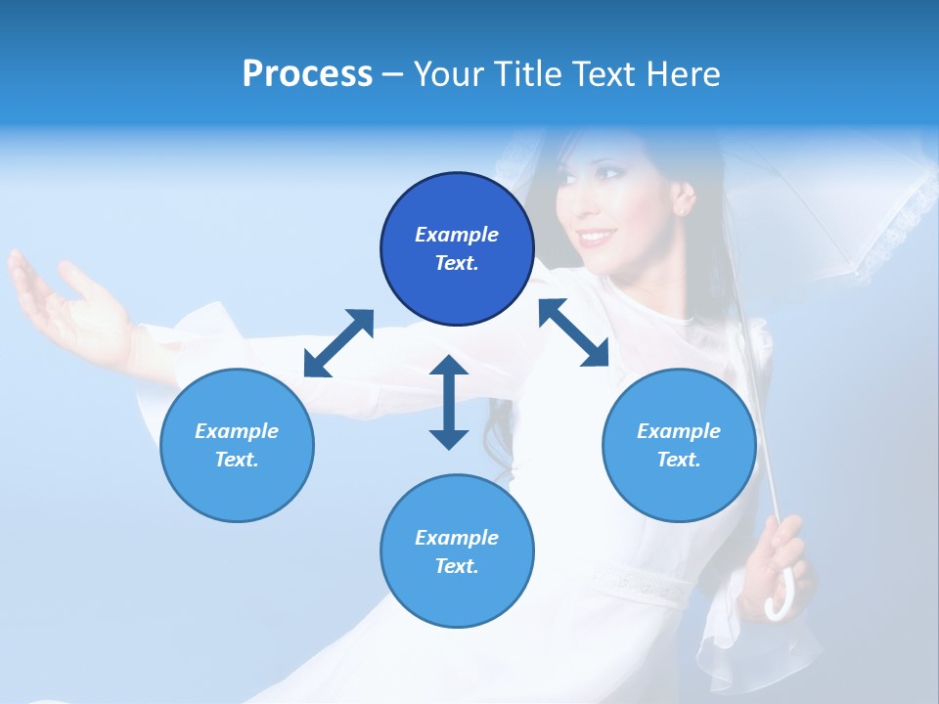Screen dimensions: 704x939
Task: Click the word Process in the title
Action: [307, 74]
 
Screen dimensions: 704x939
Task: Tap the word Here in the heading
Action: [683, 74]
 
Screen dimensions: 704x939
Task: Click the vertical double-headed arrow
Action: [449, 402]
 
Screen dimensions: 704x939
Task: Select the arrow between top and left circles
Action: [338, 343]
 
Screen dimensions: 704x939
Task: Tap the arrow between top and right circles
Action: [574, 332]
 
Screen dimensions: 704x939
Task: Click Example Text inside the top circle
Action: [457, 248]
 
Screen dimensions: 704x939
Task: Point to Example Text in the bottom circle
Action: [457, 551]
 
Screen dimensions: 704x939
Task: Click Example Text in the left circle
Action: [237, 445]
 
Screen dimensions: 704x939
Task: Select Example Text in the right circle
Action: [679, 445]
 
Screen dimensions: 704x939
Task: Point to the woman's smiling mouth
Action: [595, 238]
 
